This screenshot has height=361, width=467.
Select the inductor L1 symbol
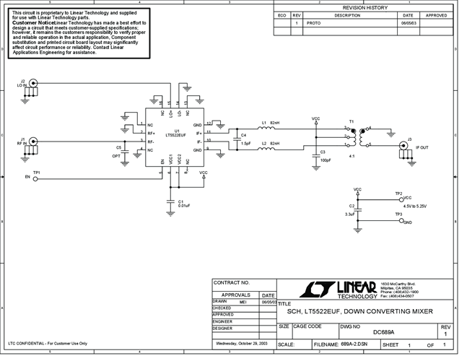pos(265,131)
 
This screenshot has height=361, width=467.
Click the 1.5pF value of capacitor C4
pos(246,144)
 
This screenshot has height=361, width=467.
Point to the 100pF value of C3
pos(326,160)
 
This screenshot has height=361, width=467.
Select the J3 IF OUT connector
pos(401,149)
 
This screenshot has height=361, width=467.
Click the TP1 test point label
pos(37,172)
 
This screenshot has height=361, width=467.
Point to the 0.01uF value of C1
pos(184,206)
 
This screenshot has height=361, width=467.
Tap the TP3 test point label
pos(398,214)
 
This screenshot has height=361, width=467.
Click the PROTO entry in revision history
pos(314,23)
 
